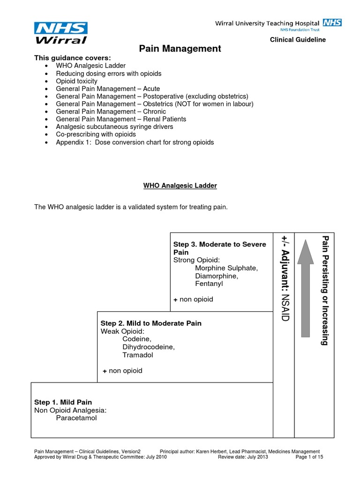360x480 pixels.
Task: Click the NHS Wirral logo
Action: (x=60, y=32)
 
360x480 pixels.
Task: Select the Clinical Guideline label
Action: (x=298, y=40)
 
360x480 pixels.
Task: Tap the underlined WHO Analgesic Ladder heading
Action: (x=180, y=186)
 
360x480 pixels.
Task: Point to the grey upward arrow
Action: (x=305, y=288)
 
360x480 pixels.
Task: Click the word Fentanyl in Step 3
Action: (x=209, y=284)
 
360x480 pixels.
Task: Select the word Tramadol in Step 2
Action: (x=137, y=355)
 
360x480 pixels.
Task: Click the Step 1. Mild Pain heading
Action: (x=63, y=402)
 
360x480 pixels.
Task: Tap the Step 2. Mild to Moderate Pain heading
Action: (x=151, y=323)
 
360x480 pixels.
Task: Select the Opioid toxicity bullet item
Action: (x=77, y=81)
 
